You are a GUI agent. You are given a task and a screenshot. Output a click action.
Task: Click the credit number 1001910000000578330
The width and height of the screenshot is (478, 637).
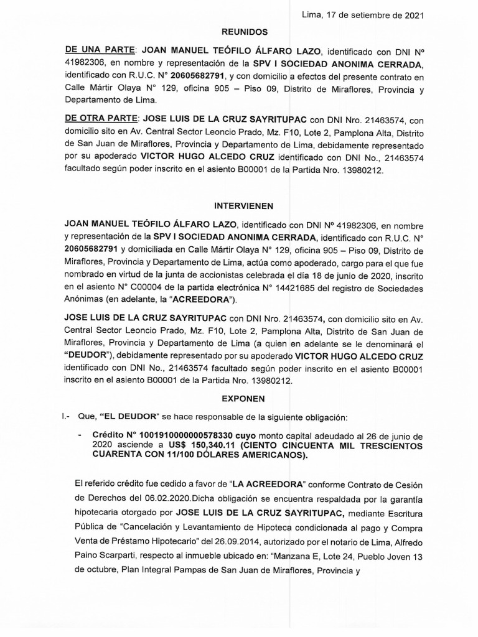tap(191, 435)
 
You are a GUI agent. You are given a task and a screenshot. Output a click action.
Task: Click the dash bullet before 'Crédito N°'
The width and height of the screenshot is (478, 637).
tap(80, 435)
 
